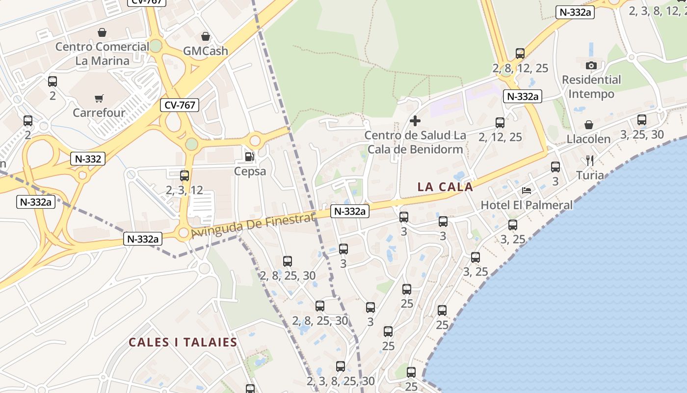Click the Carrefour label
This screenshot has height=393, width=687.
[99, 112]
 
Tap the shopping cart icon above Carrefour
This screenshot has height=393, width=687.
[99, 98]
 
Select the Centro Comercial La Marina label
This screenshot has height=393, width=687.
[102, 54]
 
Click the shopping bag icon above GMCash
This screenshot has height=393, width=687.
[206, 36]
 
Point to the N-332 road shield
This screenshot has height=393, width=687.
[88, 159]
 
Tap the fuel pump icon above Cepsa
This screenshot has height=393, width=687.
[250, 157]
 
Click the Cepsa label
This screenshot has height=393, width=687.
[250, 171]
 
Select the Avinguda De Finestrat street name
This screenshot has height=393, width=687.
[253, 225]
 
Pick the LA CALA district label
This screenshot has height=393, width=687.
[445, 187]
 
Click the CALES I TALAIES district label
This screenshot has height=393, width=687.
[183, 342]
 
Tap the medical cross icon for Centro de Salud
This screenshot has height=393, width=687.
[415, 121]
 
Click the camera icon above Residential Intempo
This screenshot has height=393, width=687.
[591, 65]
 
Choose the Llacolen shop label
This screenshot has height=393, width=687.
[588, 139]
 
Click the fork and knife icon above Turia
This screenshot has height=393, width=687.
[590, 161]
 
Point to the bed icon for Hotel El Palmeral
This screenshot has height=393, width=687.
[527, 191]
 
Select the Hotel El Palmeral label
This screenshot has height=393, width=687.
[527, 205]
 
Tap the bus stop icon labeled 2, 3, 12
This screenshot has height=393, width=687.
[185, 175]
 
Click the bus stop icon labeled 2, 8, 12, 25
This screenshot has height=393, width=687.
[520, 54]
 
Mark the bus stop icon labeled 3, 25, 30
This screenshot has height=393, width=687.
[642, 119]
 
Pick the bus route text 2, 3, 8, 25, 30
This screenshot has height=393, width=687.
[341, 381]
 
